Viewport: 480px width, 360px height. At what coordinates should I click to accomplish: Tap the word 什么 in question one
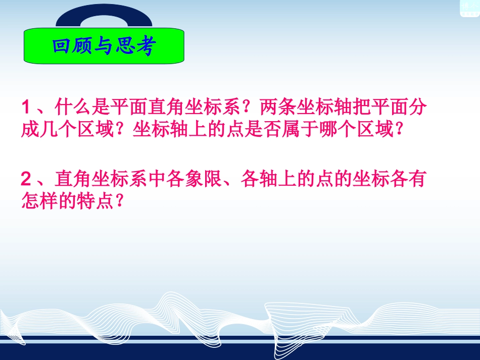click(76, 108)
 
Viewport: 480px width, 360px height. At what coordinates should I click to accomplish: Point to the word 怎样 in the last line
click(37, 202)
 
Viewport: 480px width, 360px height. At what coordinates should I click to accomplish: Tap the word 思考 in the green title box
click(132, 46)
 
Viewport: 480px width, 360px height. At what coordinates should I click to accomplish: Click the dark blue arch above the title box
click(103, 15)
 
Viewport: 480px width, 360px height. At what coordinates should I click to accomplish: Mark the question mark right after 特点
click(119, 202)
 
